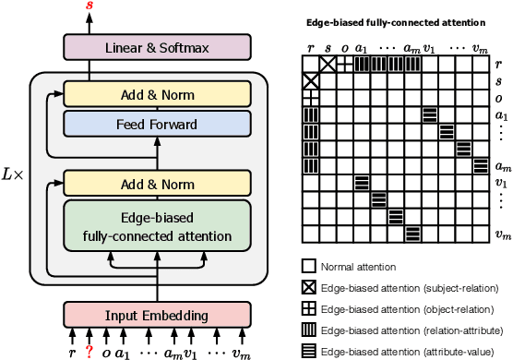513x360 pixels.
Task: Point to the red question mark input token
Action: [x=89, y=350]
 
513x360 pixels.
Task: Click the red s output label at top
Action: [x=89, y=7]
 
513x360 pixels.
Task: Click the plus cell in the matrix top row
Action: [x=345, y=64]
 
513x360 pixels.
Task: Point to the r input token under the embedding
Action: [x=72, y=350]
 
